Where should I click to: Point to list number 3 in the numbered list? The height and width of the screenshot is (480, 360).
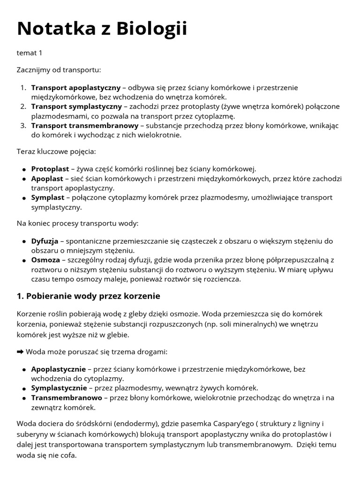23,126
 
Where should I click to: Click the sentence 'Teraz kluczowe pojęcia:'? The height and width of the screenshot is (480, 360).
56,152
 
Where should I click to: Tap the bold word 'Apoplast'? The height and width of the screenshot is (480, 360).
47,179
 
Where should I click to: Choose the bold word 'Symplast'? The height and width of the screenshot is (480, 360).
47,197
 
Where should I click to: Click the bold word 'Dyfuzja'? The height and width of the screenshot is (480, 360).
45,241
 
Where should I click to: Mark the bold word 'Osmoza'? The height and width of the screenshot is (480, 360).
45,260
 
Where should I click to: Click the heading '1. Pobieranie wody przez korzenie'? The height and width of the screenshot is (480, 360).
89,296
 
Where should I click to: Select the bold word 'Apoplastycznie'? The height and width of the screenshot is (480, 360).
58,369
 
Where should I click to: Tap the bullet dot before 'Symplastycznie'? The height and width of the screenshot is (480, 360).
24,389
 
